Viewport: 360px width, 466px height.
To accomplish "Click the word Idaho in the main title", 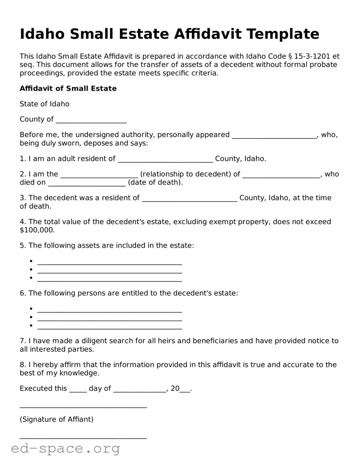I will coord(42,34).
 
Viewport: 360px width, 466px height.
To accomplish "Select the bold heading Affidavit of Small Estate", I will coord(68,88).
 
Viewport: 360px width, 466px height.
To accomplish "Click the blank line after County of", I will coord(91,120).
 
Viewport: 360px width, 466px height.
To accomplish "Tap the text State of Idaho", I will coord(44,104).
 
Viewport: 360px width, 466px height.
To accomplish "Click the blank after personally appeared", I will coord(274,135).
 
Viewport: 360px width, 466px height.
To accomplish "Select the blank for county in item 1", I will coord(165,159).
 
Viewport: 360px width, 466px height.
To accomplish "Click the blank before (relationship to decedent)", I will coord(99,175).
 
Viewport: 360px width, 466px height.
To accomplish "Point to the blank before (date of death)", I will coord(87,183).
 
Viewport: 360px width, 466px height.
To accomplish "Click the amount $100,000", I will coord(37,230).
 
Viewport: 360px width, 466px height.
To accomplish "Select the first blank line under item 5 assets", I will coord(109,262).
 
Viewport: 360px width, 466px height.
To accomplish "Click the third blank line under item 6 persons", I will coord(109,326).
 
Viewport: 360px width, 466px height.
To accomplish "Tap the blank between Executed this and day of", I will coord(78,389).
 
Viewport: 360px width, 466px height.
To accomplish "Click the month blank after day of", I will coord(140,389).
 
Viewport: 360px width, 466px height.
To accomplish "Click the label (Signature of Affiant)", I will coord(57,419).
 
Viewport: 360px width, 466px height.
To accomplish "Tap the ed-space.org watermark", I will coord(65,448).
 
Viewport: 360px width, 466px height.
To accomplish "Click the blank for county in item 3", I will coord(190,199).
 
